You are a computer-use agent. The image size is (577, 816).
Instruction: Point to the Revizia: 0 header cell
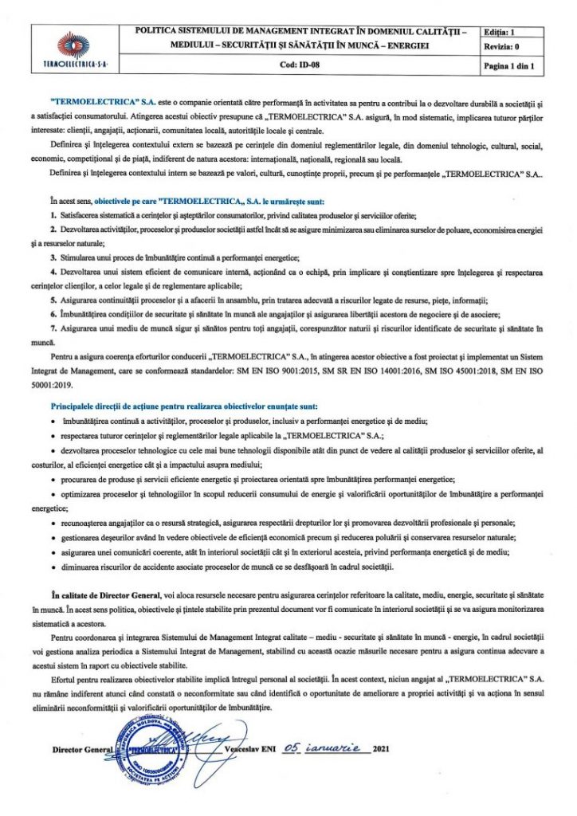[x=501, y=48]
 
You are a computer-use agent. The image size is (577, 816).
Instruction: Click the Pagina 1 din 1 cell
[x=508, y=66]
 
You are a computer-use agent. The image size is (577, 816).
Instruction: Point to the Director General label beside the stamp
[x=79, y=751]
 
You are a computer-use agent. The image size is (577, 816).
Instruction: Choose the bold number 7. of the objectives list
[x=52, y=328]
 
